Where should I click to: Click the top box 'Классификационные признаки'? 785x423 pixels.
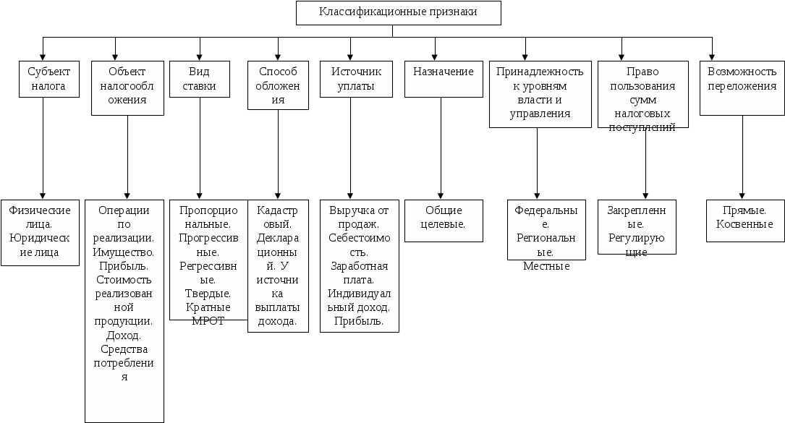tap(398, 13)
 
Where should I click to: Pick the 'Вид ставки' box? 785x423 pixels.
tap(199, 79)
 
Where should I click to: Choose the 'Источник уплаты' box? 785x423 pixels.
tap(352, 79)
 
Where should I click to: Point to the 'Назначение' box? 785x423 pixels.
tap(443, 79)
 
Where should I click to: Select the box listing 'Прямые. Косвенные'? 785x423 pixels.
tap(744, 218)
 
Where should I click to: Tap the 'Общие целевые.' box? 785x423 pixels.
tap(443, 218)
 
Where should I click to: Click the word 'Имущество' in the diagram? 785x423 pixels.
tap(124, 252)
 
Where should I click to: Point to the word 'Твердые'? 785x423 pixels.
tap(208, 294)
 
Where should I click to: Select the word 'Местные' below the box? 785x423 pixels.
tap(546, 267)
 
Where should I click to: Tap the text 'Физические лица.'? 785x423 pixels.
tap(41, 218)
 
